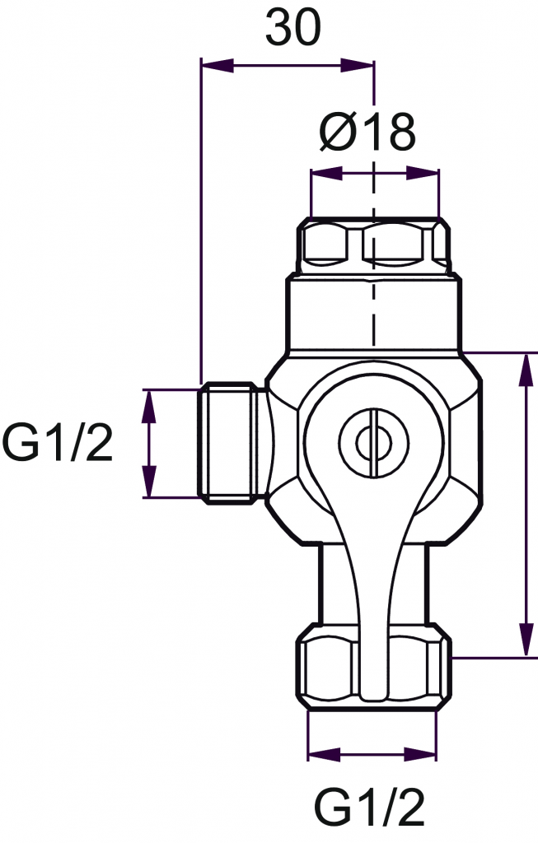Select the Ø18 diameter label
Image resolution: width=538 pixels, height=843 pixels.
367,133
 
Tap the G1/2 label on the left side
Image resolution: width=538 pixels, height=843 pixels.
58,442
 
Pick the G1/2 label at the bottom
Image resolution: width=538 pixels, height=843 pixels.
370,808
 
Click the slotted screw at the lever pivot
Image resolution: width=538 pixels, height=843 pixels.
373,442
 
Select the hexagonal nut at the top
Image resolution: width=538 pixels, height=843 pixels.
373,245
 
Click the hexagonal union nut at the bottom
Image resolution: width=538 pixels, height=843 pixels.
373,667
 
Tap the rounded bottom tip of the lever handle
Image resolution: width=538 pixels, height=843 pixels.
373,693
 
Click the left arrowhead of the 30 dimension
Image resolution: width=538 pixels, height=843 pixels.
218,67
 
